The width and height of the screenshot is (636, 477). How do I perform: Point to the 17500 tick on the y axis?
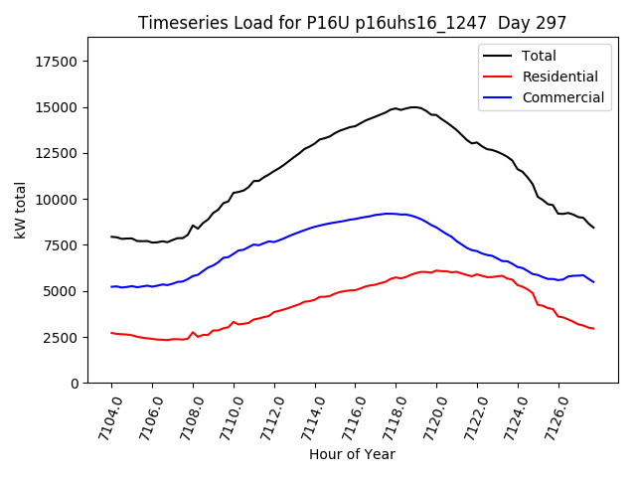point(57,62)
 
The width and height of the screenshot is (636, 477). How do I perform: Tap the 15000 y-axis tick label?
point(57,107)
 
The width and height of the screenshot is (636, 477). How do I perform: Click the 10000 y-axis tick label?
point(57,200)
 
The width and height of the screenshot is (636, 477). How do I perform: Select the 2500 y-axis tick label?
point(61,338)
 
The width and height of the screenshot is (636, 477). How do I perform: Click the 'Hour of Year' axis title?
point(352,454)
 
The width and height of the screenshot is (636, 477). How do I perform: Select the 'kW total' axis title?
point(21,210)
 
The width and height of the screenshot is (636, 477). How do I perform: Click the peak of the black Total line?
point(414,106)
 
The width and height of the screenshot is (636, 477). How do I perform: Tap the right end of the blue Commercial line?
point(593,282)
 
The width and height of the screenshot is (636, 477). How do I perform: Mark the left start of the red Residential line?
point(111,333)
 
